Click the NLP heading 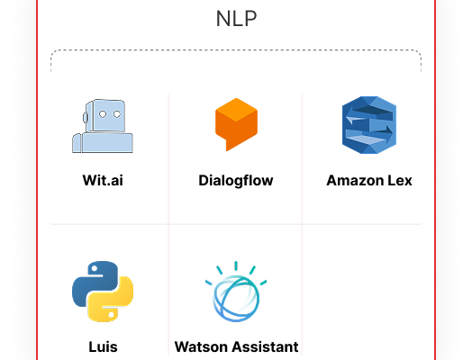(x=236, y=19)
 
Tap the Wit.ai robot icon (x=103, y=126)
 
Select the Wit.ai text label (x=103, y=181)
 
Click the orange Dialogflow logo (x=236, y=124)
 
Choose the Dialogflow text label (x=236, y=181)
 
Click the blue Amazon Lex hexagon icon (x=369, y=125)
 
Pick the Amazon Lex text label (x=369, y=181)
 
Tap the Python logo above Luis (x=103, y=291)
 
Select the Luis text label (x=103, y=346)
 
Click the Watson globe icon (x=236, y=292)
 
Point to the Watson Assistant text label (x=236, y=346)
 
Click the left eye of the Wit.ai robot (x=103, y=114)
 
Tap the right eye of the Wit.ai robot (x=117, y=114)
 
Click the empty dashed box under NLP (x=236, y=63)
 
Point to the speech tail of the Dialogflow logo (x=229, y=145)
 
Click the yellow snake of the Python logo (x=111, y=300)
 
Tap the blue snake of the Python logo (x=95, y=283)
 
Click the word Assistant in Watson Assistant (x=267, y=346)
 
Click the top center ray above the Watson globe (x=236, y=265)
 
